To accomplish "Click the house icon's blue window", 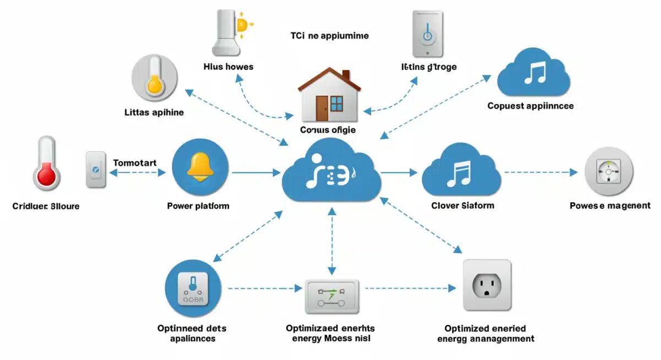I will (336, 103).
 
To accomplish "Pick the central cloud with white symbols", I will (330, 172).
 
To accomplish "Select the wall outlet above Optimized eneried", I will (487, 286).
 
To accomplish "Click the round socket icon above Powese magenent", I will (609, 172).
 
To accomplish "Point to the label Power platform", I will (198, 206).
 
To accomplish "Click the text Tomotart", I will (135, 163).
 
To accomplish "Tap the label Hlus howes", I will (229, 67).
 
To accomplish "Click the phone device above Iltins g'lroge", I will (428, 34).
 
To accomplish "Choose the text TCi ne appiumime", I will (329, 36).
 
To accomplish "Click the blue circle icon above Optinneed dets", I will (192, 287).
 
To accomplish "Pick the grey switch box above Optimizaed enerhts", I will (332, 296).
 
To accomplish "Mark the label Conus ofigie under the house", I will (328, 130).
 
